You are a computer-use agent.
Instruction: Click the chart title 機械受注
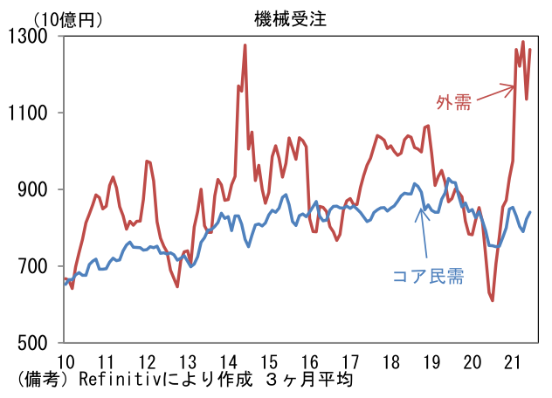coord(291,18)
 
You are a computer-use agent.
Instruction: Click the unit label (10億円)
coord(67,20)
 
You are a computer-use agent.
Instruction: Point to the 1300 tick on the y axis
coord(27,37)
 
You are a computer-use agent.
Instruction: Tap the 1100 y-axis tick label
coord(27,113)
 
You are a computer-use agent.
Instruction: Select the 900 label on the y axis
coord(32,189)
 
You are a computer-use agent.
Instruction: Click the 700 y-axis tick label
coord(32,266)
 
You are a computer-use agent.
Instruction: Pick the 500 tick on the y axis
coord(32,342)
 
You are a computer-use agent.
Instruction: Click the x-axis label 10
coord(66,361)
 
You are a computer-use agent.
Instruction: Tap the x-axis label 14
coord(229,361)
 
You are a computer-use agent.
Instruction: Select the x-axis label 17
coord(350,361)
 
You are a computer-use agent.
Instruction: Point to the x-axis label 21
coord(512,361)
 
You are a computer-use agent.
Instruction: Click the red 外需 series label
coord(454,102)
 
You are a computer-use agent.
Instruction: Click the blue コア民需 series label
coord(429,276)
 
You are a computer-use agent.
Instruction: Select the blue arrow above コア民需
coord(423,233)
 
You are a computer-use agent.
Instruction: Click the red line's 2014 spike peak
coord(245,45)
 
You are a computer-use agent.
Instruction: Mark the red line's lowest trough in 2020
coord(492,300)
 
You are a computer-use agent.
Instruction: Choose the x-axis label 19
coord(431,361)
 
